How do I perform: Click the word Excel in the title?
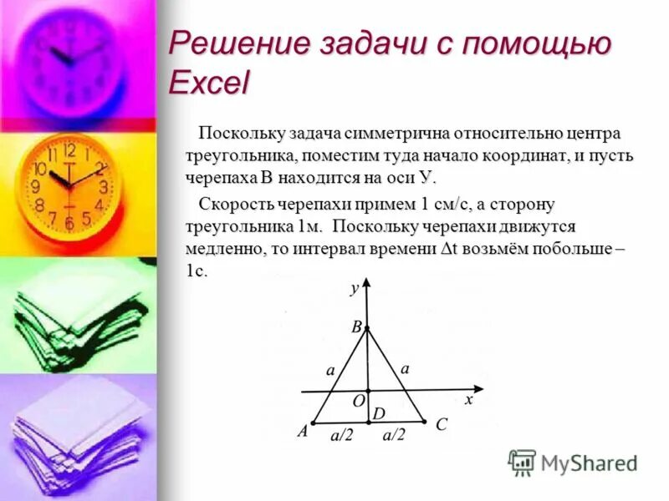click(208, 82)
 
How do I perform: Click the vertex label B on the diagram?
click(356, 328)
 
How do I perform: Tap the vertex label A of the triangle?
click(303, 432)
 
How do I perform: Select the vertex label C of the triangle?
click(441, 425)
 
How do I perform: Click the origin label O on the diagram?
click(358, 402)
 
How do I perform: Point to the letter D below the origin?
click(378, 413)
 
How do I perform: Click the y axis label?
click(355, 288)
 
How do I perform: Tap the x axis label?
click(469, 400)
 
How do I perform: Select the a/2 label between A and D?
click(342, 435)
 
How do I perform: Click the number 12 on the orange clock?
click(69, 150)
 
